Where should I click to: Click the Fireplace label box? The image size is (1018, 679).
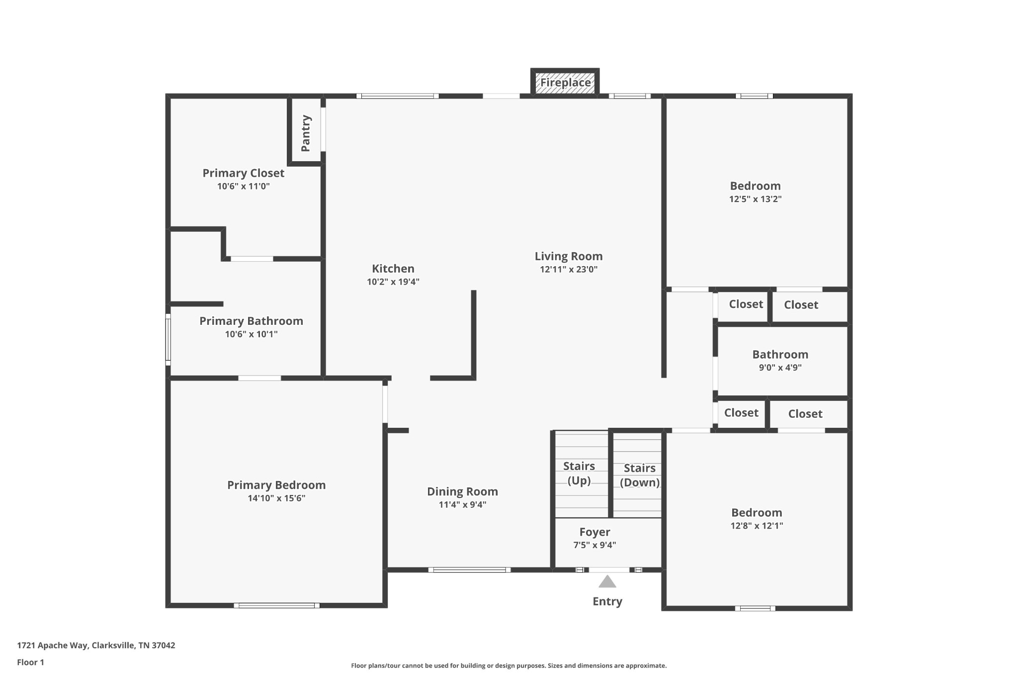click(565, 83)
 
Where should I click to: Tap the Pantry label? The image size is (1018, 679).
click(306, 133)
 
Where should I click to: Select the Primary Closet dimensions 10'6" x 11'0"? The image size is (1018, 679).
click(244, 187)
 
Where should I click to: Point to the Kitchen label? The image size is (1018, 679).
click(393, 269)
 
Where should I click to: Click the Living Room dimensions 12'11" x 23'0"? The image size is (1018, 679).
click(569, 270)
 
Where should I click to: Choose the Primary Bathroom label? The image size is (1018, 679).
click(252, 321)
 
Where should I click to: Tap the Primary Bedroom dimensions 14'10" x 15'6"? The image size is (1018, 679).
click(276, 498)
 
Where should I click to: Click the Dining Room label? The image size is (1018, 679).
click(462, 491)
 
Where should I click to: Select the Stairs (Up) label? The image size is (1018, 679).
click(579, 473)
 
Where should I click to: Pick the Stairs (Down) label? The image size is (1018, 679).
click(640, 475)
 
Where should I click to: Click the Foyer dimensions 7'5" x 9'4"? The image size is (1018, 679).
click(594, 545)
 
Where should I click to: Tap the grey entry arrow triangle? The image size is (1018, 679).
click(607, 582)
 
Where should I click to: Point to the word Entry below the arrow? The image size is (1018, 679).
click(607, 602)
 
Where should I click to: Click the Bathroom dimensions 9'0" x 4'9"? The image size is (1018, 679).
click(780, 368)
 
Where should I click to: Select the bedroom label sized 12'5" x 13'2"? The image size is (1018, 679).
click(756, 186)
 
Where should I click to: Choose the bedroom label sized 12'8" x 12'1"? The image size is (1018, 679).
click(757, 513)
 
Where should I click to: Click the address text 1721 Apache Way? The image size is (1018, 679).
click(53, 646)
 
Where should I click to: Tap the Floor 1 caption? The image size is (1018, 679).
click(30, 663)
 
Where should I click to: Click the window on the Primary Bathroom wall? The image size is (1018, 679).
click(168, 340)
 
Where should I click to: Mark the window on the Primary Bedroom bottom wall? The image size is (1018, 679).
click(277, 605)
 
